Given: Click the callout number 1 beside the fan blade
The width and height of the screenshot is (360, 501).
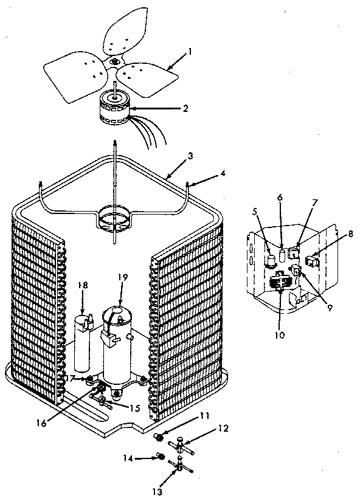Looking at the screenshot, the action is coord(190,51).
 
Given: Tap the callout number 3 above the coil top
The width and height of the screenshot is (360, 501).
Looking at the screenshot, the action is coord(190,156).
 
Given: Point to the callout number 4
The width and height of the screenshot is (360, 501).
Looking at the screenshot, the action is coord(223,173).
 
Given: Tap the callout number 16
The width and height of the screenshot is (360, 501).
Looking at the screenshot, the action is coord(41,423).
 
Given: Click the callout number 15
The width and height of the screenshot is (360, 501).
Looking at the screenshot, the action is coord(136,408).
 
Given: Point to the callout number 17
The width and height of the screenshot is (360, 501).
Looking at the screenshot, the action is coord(71,378).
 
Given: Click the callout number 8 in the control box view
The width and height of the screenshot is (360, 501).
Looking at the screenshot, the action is coord(350,234).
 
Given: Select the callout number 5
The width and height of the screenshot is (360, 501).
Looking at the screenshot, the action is coord(255,212).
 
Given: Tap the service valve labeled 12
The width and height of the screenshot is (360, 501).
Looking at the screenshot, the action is coord(181,444).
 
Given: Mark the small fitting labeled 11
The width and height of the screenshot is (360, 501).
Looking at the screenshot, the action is coord(158,436).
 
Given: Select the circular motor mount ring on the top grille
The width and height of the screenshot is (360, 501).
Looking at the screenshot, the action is coord(114,226).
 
